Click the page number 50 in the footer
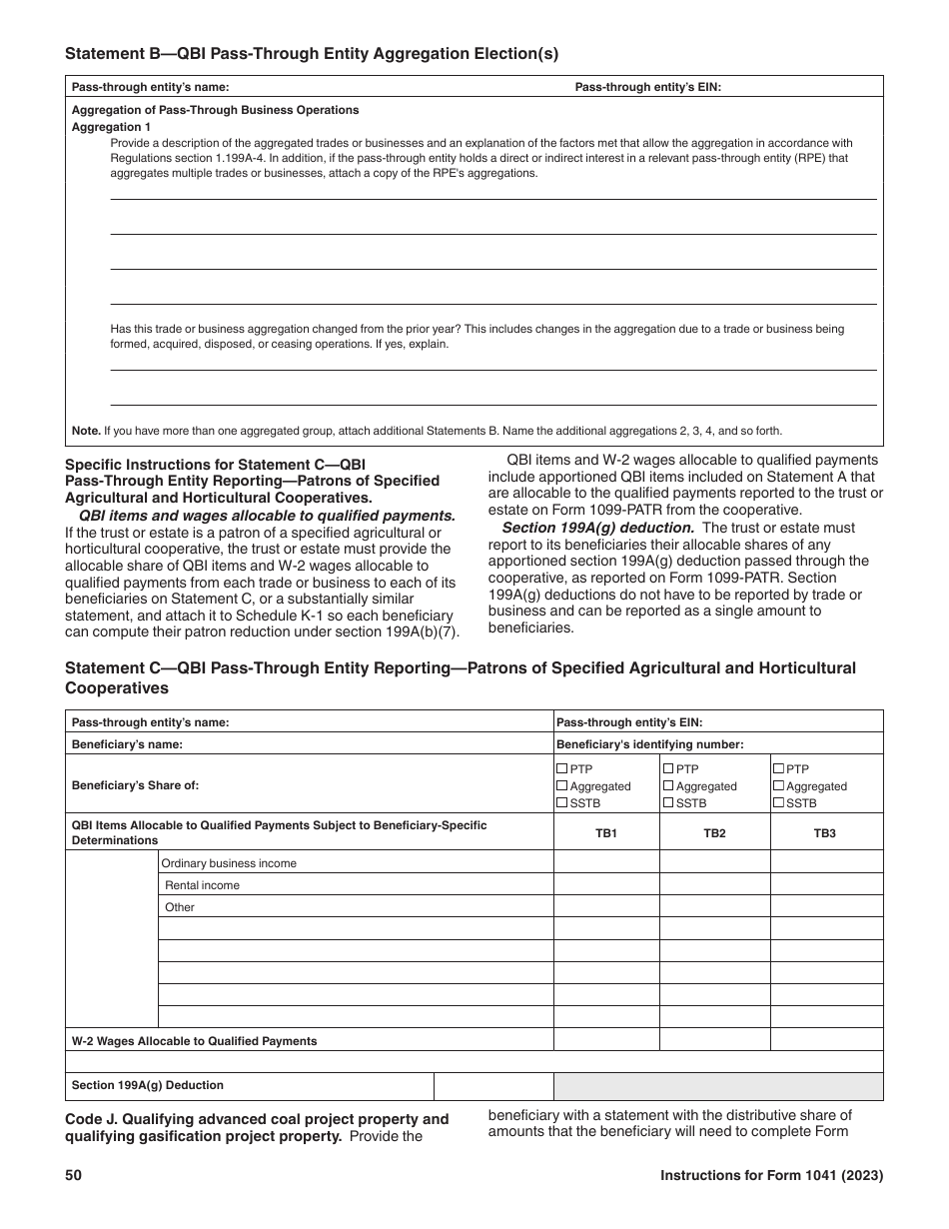[73, 1176]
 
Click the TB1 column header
[606, 832]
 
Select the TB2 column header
[714, 832]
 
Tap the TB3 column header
[824, 832]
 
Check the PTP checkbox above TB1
[562, 768]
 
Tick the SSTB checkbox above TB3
[778, 802]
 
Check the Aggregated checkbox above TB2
[668, 785]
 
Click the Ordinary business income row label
[229, 862]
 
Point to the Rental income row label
[202, 884]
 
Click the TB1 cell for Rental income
[606, 884]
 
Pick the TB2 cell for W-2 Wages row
[714, 1040]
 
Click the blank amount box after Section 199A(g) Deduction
[493, 1085]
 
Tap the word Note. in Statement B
[86, 431]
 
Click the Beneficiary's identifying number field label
[649, 743]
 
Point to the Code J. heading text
[256, 1119]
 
